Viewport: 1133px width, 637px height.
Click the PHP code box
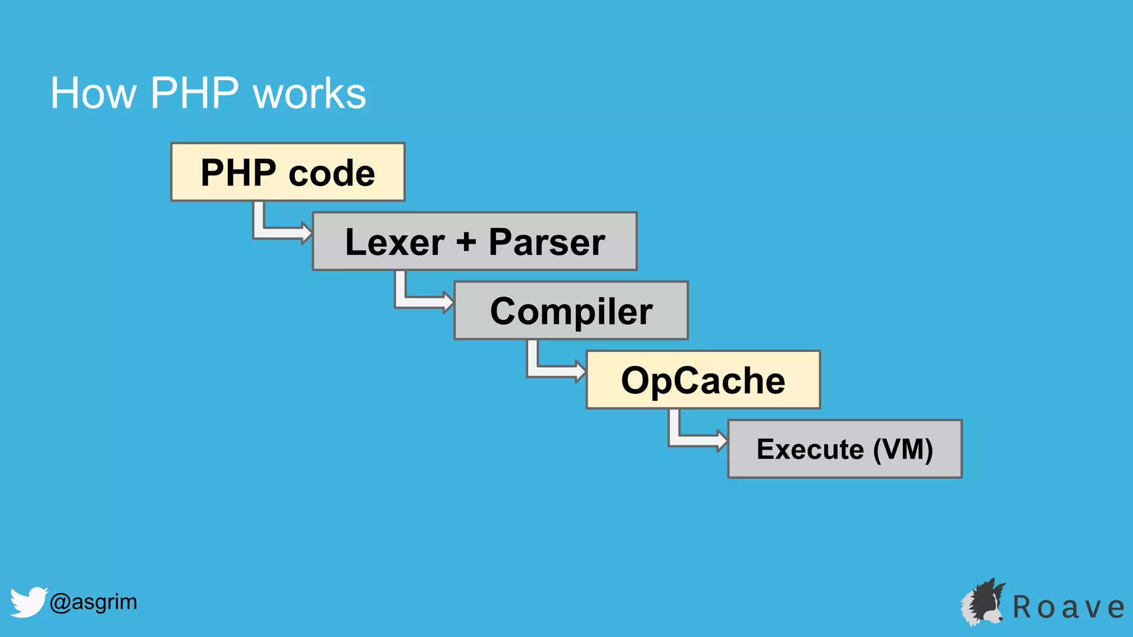[x=288, y=172]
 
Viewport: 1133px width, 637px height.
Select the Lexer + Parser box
[x=475, y=241]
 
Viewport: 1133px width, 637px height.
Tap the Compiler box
[x=571, y=310]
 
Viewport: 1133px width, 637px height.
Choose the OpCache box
[x=703, y=380]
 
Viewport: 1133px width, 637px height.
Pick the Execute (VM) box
[x=845, y=448]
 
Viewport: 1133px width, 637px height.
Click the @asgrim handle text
[x=93, y=602]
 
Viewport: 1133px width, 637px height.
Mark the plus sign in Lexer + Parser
[x=466, y=242]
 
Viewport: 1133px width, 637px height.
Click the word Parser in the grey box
[x=547, y=242]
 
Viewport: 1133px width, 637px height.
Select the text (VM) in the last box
[x=903, y=448]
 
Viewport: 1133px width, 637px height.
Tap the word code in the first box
[x=331, y=173]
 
